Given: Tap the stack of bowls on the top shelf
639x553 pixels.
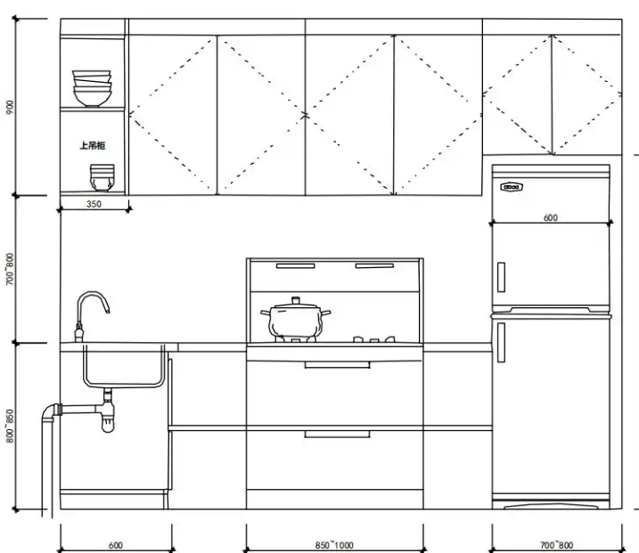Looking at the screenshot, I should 93,88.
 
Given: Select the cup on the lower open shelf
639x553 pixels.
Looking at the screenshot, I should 102,176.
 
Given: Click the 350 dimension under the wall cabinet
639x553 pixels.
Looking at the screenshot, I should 94,204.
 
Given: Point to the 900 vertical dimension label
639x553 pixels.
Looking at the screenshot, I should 10,107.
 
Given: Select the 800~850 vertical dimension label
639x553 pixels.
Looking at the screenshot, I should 10,427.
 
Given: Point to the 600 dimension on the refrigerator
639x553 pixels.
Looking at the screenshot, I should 551,217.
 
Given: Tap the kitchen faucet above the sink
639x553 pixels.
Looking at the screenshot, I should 89,312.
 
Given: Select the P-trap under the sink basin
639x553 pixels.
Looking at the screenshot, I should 108,415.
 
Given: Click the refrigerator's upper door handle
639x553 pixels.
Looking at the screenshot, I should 501,276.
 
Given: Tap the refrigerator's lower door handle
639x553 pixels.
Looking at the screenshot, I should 501,343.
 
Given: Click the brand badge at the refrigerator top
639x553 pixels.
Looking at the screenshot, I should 512,188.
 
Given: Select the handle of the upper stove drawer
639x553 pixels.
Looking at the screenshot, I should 336,364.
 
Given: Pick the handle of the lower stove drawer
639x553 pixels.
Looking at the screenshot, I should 336,434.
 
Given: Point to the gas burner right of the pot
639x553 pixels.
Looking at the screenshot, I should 374,339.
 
